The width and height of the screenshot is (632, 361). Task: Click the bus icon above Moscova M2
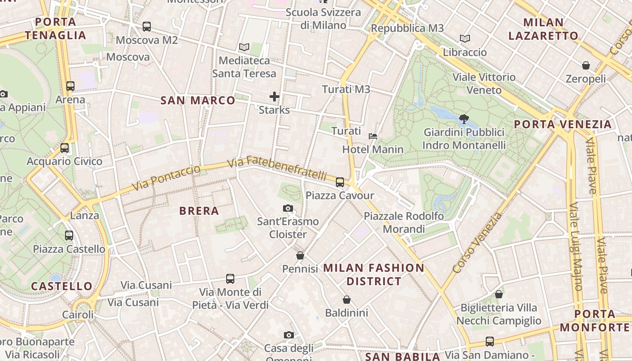[147, 27]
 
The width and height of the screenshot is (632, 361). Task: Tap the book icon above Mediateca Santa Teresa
[244, 47]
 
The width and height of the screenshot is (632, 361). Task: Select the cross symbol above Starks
[274, 96]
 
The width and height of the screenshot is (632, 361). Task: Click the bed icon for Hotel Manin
[373, 136]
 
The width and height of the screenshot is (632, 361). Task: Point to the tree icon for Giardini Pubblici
[464, 119]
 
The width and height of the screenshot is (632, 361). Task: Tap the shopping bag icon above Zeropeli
[586, 66]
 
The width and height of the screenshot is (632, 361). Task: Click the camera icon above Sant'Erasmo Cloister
[288, 208]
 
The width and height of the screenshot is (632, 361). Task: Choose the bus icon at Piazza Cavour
[340, 182]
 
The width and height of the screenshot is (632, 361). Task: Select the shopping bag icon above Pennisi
[300, 256]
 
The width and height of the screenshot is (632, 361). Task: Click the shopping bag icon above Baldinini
[347, 300]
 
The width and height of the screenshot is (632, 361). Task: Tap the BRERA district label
[199, 211]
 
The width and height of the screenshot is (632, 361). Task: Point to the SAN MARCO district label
[198, 100]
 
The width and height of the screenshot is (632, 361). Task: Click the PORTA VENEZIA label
[563, 124]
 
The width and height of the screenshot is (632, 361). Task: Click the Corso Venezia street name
[477, 243]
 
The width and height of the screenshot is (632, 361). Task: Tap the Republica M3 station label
[407, 28]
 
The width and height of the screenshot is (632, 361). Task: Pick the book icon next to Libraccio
[465, 39]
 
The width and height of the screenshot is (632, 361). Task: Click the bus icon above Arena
[70, 86]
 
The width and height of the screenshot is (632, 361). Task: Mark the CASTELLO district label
[62, 286]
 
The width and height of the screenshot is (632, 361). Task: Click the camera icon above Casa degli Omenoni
[289, 335]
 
